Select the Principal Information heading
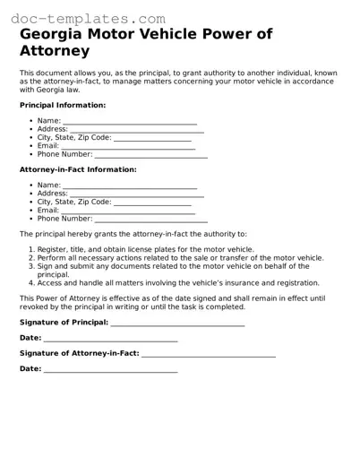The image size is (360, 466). pos(63,105)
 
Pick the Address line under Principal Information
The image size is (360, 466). pos(136,130)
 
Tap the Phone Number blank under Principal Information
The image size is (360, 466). pos(150,155)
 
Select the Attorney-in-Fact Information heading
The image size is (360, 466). pos(78,169)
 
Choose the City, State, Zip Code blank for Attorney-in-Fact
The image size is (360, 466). pos(153,203)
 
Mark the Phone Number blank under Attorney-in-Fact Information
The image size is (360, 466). pos(150,219)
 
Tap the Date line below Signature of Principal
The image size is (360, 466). pos(110,338)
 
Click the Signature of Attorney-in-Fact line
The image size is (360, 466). pos(208,353)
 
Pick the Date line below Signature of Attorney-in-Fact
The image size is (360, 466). pos(110,369)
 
